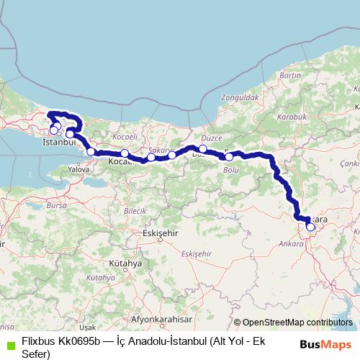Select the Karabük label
pyautogui.click(x=296, y=115)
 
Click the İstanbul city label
pyautogui.click(x=59, y=143)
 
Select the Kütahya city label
pyautogui.click(x=127, y=264)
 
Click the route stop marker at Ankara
pyautogui.click(x=310, y=227)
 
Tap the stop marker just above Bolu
pyautogui.click(x=229, y=156)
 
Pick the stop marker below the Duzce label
pyautogui.click(x=203, y=149)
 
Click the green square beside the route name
pyautogui.click(x=9, y=346)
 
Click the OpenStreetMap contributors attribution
pyautogui.click(x=297, y=323)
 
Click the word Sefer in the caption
pyautogui.click(x=36, y=353)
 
